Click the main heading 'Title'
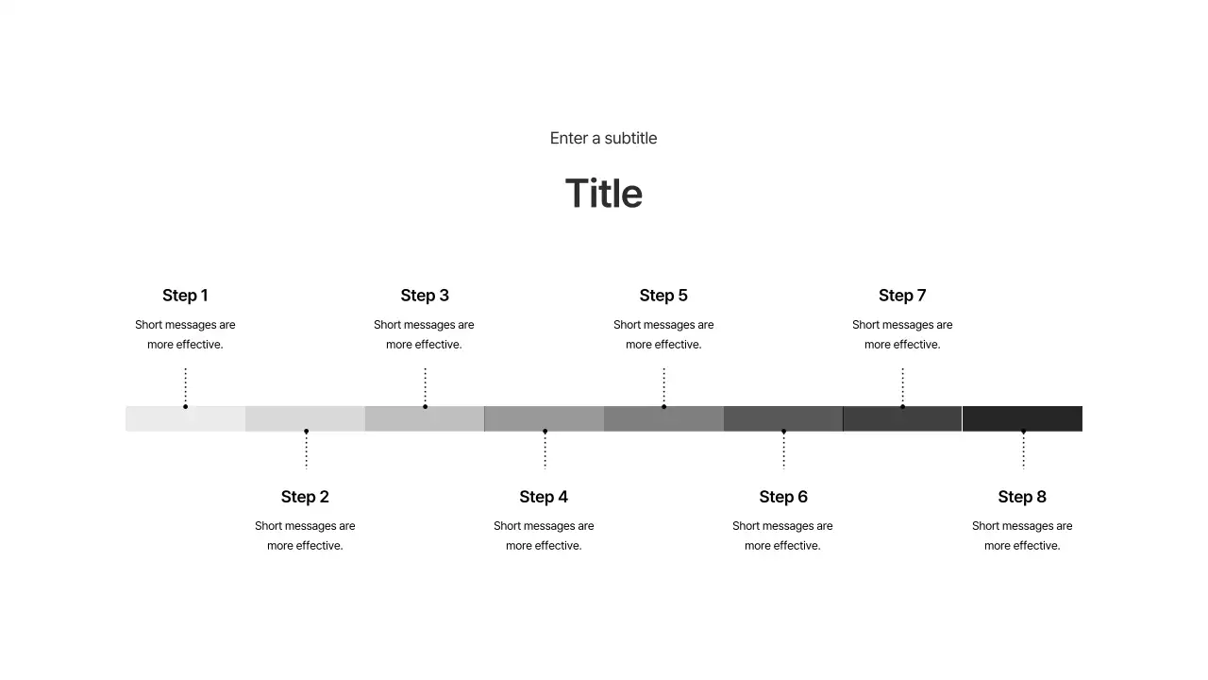[x=604, y=194]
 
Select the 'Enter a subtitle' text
[x=603, y=138]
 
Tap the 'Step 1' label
[x=185, y=296]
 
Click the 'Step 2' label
[x=305, y=497]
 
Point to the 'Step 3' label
[x=425, y=296]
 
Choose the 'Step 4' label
[x=544, y=497]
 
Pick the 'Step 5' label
[x=663, y=296]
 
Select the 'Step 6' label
[x=783, y=497]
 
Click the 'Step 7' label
[x=902, y=296]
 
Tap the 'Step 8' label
[x=1022, y=497]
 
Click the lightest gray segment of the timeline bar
[x=185, y=419]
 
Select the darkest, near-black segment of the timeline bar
[x=1022, y=418]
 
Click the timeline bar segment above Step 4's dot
[x=544, y=418]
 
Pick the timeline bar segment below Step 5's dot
[x=663, y=419]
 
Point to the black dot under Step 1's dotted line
[x=185, y=406]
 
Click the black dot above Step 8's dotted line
[x=1023, y=432]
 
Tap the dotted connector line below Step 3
[x=425, y=385]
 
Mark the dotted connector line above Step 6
[x=783, y=450]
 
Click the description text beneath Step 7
[x=902, y=334]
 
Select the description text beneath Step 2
[x=305, y=535]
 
